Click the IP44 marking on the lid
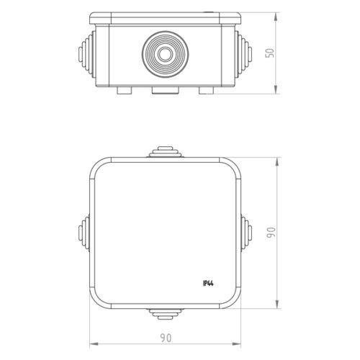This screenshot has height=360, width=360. (208, 284)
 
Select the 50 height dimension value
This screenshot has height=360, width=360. (269, 53)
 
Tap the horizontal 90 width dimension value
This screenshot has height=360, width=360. (166, 338)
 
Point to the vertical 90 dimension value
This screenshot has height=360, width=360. (271, 233)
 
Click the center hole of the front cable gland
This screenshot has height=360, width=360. (165, 54)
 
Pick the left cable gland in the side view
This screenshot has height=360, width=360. (87, 54)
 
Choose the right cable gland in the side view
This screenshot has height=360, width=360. (243, 54)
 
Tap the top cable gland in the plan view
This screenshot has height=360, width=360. (165, 152)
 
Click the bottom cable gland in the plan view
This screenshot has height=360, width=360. (166, 314)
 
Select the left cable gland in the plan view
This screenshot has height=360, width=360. (84, 233)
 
